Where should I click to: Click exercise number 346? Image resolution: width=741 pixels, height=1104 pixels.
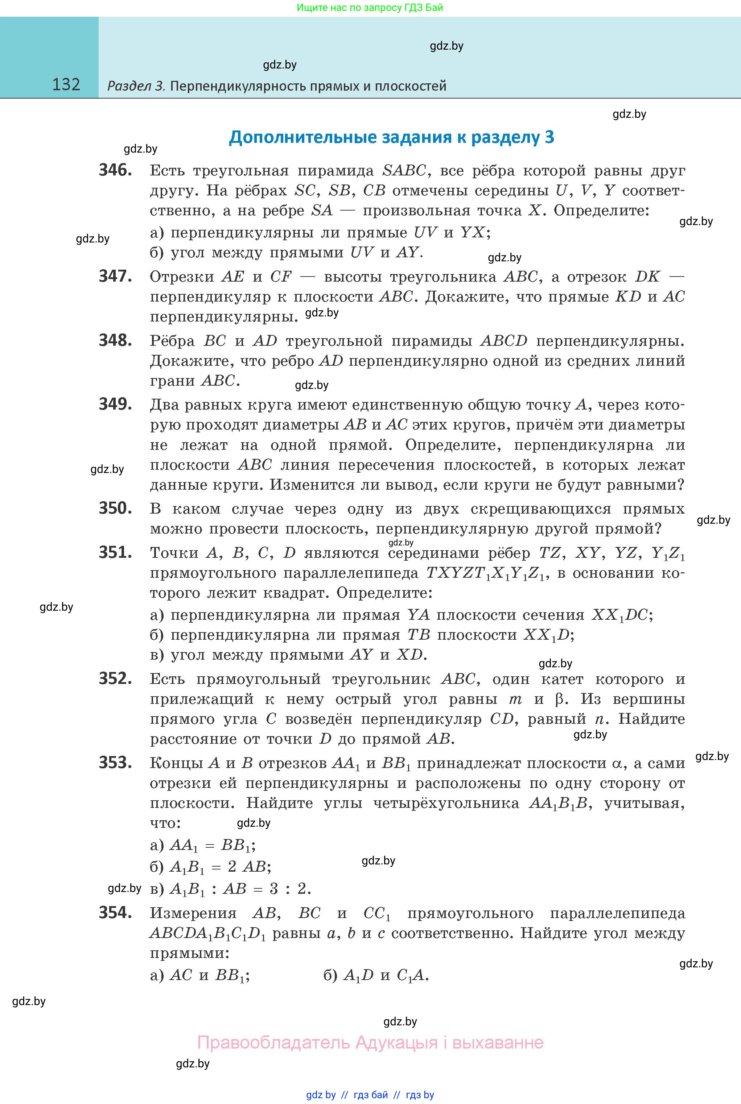(115, 170)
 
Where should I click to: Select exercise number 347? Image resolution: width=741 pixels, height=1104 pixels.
(115, 276)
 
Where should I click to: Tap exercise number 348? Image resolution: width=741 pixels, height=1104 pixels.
(115, 340)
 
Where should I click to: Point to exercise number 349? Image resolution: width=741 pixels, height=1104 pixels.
(115, 404)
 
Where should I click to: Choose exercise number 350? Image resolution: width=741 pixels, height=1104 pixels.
(115, 508)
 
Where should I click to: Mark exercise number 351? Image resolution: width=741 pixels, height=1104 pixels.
(115, 552)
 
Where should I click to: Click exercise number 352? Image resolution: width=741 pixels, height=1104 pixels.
(115, 678)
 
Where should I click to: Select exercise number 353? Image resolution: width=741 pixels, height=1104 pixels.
(115, 763)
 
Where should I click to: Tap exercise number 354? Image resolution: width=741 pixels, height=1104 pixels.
(115, 913)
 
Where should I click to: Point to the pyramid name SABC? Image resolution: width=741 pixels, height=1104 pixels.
(404, 170)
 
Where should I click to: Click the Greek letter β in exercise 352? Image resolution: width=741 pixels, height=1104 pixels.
(560, 699)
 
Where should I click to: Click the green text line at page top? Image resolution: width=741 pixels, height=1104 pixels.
(370, 8)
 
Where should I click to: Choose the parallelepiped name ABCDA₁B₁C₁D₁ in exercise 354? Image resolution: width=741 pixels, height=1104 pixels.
(207, 934)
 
